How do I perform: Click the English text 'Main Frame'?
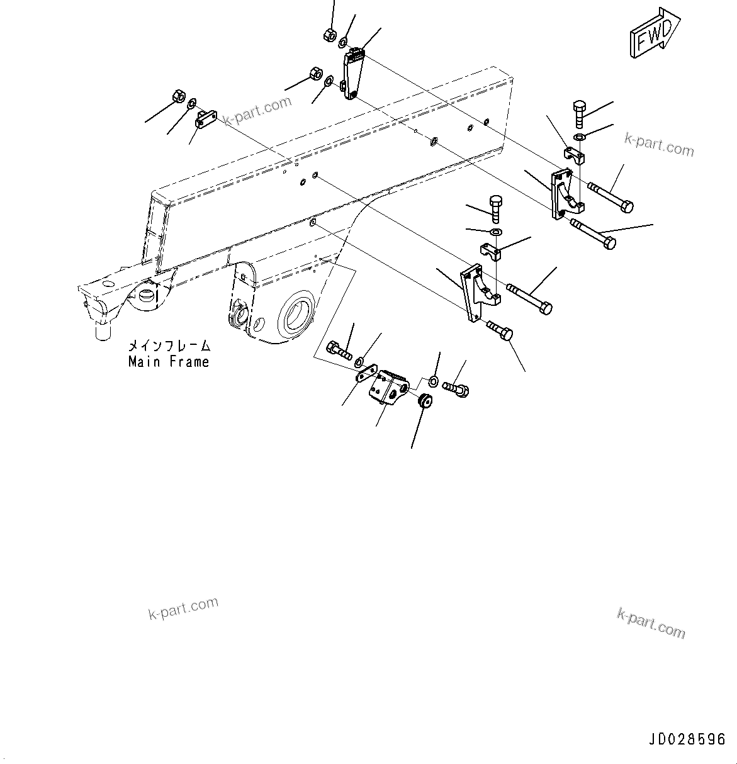point(169,362)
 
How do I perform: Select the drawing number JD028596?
point(685,739)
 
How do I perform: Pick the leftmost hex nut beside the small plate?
point(177,97)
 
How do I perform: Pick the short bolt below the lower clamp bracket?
point(500,330)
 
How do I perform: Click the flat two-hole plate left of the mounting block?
point(364,375)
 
